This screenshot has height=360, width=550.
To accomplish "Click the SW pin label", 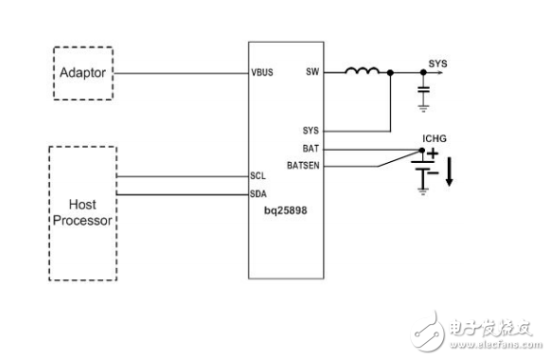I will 312,72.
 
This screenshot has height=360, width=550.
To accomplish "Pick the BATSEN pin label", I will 305,165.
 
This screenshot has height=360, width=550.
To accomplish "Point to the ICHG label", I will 436,137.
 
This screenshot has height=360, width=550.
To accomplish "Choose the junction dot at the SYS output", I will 422,72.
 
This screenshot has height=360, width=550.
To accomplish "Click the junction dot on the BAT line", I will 422,150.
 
